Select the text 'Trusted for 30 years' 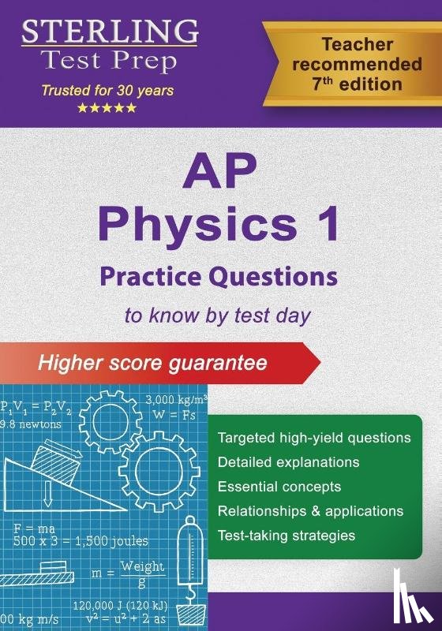[107, 91]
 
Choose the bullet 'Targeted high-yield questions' [314, 437]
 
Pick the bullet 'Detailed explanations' [288, 461]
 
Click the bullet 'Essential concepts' [279, 486]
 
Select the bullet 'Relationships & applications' [310, 510]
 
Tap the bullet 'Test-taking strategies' [286, 535]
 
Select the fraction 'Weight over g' [142, 573]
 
